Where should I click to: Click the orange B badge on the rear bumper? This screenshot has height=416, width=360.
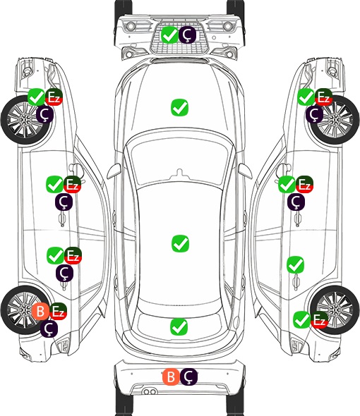171,377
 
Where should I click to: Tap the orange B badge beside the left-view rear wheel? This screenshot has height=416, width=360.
40,311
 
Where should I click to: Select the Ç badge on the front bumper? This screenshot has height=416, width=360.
187,35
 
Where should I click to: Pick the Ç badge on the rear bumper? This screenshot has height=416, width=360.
188,377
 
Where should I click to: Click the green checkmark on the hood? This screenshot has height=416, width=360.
179,107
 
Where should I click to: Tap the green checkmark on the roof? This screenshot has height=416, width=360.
180,243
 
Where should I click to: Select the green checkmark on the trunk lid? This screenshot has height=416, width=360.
179,326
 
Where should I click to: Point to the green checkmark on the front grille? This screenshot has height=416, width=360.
169,35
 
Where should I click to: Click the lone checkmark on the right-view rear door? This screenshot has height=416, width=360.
295,265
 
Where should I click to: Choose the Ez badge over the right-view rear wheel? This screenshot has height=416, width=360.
320,320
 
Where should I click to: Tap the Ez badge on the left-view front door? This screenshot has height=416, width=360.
73,185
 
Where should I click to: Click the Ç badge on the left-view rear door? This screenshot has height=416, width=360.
64,273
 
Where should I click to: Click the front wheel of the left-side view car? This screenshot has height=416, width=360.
25,120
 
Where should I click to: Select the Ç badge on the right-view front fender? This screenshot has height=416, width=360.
314,114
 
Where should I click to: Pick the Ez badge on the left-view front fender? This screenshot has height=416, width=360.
54,97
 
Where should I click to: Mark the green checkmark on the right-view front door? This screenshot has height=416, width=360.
287,185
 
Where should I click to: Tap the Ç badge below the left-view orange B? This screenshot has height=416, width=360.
49,329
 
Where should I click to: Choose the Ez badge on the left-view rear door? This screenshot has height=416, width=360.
73,255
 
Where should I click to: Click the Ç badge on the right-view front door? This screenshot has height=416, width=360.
296,202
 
